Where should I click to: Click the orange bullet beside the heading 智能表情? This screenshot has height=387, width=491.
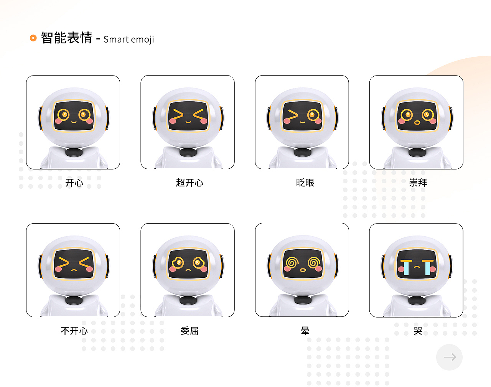pyautogui.click(x=33, y=38)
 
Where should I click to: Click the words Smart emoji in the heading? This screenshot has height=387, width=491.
pyautogui.click(x=129, y=40)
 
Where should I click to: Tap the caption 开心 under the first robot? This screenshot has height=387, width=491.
pyautogui.click(x=74, y=183)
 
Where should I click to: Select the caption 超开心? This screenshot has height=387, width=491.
pyautogui.click(x=189, y=183)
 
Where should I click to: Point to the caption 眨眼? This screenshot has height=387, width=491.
pyautogui.click(x=305, y=183)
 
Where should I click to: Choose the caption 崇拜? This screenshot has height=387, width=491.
pyautogui.click(x=418, y=183)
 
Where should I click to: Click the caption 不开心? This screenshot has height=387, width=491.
pyautogui.click(x=74, y=331)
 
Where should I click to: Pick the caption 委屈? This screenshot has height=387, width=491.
pyautogui.click(x=189, y=331)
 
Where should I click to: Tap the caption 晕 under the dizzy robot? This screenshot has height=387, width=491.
pyautogui.click(x=305, y=331)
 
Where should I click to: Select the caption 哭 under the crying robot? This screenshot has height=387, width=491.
pyautogui.click(x=418, y=331)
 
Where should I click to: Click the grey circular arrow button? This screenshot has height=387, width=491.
pyautogui.click(x=449, y=357)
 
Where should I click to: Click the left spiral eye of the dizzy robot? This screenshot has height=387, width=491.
pyautogui.click(x=292, y=262)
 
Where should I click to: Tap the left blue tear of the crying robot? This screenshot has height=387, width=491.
pyautogui.click(x=406, y=268)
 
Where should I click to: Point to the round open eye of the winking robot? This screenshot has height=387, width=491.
pyautogui.click(x=313, y=114)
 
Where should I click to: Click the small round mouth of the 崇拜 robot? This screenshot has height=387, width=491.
pyautogui.click(x=417, y=123)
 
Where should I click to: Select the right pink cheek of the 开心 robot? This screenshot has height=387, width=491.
pyautogui.click(x=89, y=121)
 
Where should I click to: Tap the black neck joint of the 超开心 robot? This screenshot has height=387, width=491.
pyautogui.click(x=188, y=152)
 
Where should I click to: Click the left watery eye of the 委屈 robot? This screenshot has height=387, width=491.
pyautogui.click(x=178, y=263)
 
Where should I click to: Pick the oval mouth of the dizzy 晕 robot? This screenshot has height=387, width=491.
pyautogui.click(x=303, y=270)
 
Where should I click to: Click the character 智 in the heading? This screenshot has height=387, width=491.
pyautogui.click(x=47, y=38)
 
